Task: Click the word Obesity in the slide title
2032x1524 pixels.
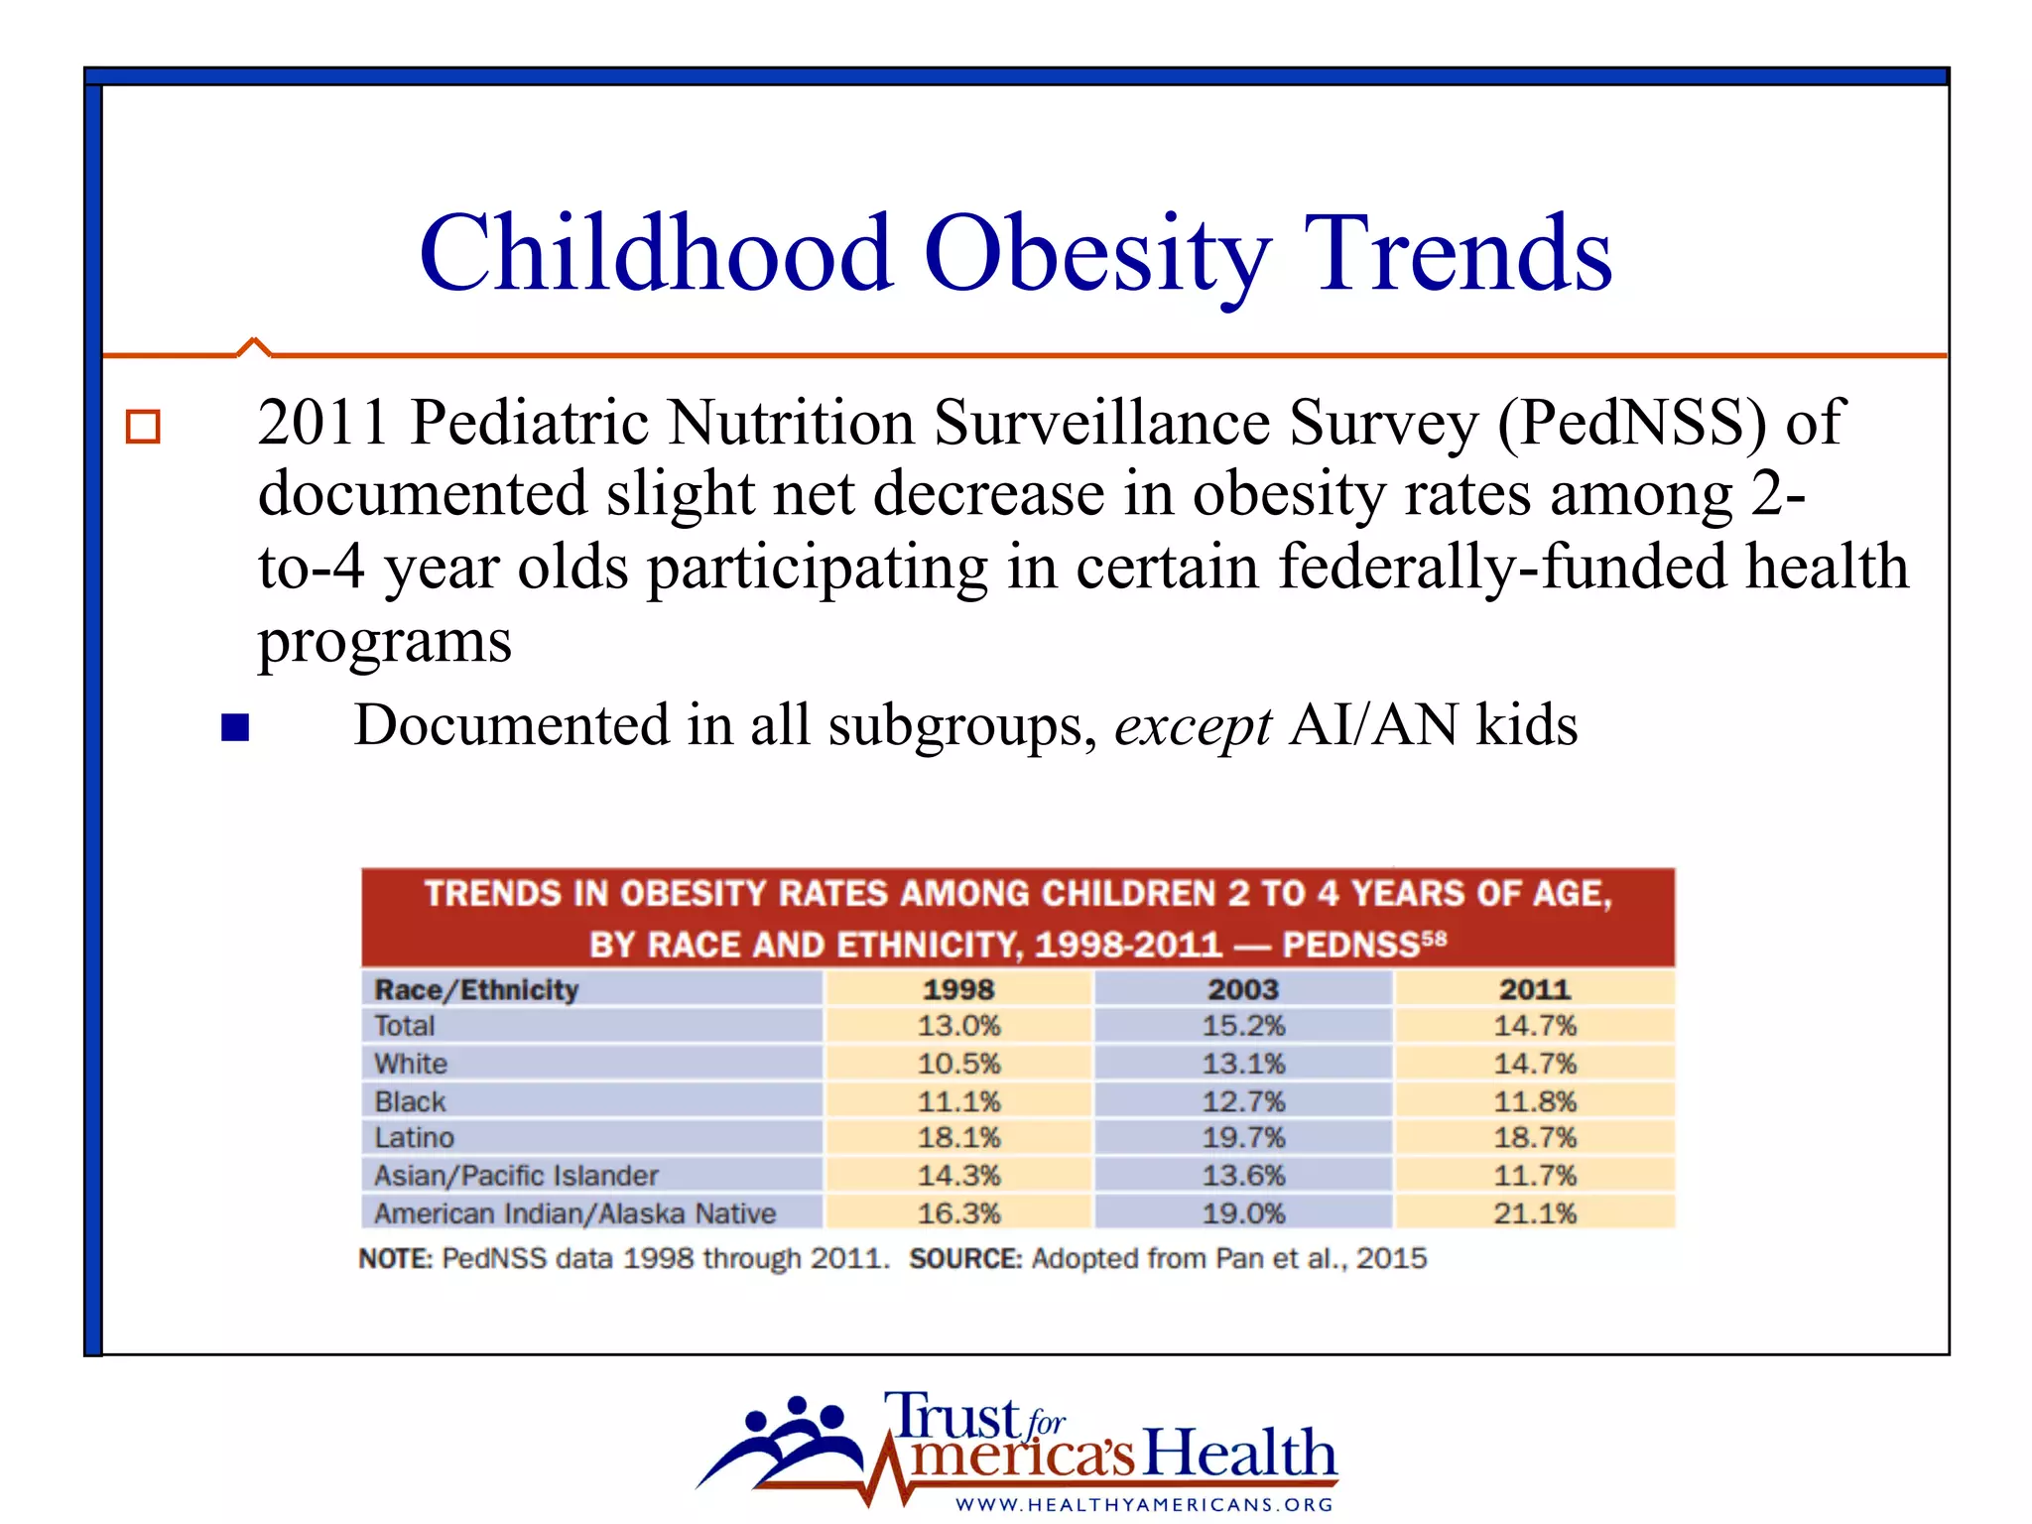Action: pos(1096,256)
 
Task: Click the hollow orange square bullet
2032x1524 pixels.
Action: pos(143,427)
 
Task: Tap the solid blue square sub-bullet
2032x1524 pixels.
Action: pos(235,727)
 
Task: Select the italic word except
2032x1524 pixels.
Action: pos(1193,726)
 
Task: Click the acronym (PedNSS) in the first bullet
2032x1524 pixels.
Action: pos(1632,423)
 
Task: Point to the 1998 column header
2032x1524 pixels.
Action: pos(958,989)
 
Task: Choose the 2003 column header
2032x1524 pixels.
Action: pos(1243,989)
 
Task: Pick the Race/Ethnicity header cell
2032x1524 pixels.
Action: pos(476,989)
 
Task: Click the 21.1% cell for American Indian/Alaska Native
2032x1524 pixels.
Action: pos(1535,1212)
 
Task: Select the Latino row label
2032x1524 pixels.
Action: pos(414,1137)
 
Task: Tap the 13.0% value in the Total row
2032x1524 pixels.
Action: pos(958,1025)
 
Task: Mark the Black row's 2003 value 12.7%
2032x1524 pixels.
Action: pos(1243,1101)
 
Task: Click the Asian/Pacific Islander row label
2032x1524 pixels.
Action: pos(516,1176)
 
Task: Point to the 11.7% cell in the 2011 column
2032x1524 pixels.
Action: pos(1535,1176)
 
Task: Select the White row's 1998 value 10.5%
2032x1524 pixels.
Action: pos(958,1064)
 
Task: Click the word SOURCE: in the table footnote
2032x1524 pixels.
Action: pos(964,1258)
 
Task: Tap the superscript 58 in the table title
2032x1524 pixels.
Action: pos(1435,937)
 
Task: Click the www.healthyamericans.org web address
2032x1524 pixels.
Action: pos(1144,1504)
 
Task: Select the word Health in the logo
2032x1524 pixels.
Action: pos(1239,1454)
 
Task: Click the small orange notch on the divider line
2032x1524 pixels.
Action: pos(254,345)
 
